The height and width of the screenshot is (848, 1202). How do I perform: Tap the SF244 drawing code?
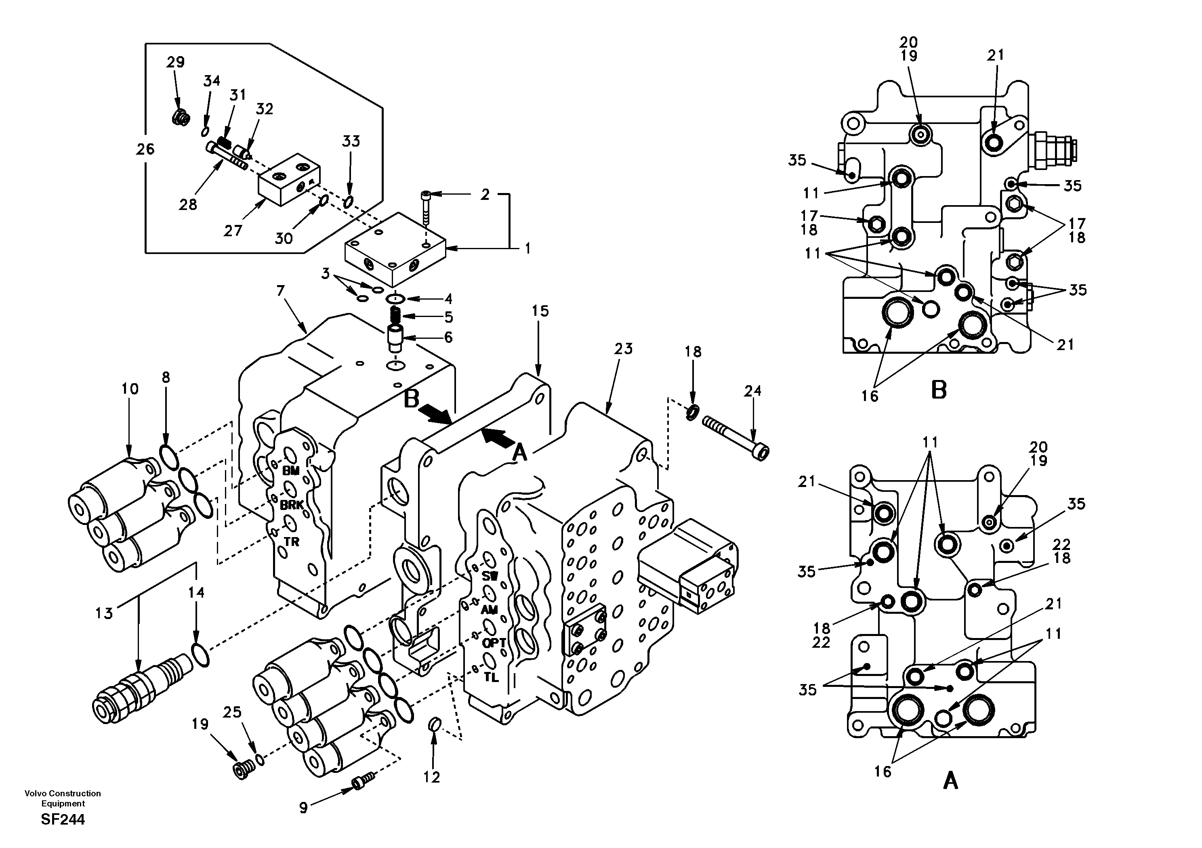pos(63,819)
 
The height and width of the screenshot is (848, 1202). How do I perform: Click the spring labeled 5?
pos(396,316)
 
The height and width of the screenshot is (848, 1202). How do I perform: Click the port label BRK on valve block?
pos(292,505)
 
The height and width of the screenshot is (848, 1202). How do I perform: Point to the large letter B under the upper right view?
pos(939,390)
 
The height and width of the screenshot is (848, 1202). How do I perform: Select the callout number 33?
pos(351,141)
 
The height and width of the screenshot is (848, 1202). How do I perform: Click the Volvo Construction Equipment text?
pos(63,798)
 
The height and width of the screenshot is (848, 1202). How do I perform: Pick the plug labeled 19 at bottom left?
pos(242,771)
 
